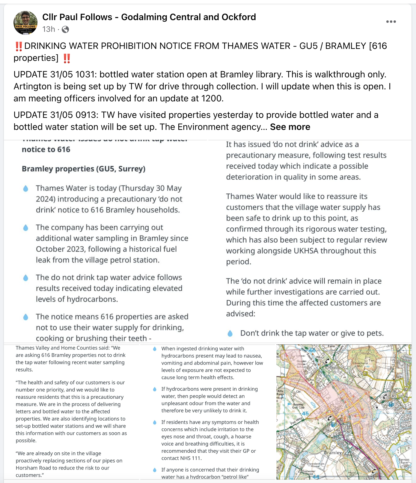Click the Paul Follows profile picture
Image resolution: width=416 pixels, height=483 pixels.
coord(25,23)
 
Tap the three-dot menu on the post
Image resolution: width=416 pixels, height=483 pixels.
coord(391,22)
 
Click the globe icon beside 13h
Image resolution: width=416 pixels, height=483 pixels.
coord(65,29)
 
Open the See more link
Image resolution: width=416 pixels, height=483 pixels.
coord(290,127)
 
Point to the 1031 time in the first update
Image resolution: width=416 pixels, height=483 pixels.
coord(85,74)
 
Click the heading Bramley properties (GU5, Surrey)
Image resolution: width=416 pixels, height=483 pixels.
coord(83,169)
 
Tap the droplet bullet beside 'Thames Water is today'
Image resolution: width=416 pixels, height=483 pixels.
coord(26,188)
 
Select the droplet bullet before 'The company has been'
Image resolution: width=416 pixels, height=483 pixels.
coord(26,228)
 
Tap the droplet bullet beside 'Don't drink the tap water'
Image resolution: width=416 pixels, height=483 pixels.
coord(230,333)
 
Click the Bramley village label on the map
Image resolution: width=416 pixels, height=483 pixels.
coord(333,452)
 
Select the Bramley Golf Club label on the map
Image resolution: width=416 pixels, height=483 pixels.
coord(298,406)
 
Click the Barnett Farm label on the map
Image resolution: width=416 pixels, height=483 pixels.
coord(404,461)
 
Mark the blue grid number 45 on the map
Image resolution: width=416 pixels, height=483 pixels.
coord(305,413)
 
